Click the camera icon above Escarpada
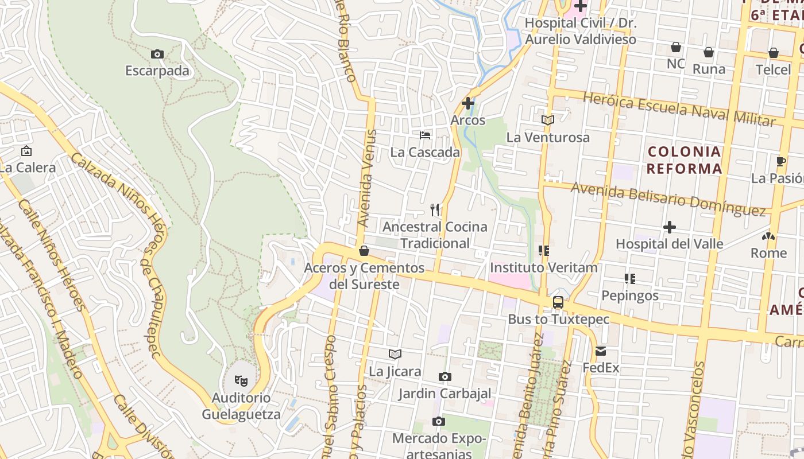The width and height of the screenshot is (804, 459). coord(157,55)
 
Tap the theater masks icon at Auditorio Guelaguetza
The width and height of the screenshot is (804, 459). coord(241,380)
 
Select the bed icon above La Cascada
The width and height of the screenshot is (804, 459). coord(425,135)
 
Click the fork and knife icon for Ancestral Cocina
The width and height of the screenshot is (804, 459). coord(435,210)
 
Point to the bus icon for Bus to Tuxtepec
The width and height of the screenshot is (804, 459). coord(558,302)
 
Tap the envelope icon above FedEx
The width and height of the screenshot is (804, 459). coord(601,351)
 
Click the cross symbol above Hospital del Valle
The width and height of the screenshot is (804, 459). coord(669,227)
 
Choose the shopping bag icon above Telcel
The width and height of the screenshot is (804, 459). coord(773,53)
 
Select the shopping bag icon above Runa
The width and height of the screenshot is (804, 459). coord(709,52)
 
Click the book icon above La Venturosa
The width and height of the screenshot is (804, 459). coord(548,120)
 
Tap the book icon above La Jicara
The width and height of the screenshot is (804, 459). coord(395,354)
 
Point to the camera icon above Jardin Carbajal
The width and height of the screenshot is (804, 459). coord(444,377)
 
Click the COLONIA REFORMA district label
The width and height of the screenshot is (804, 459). coord(684,160)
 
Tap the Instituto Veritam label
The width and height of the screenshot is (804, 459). coord(543,267)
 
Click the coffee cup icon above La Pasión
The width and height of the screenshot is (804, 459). coord(780,161)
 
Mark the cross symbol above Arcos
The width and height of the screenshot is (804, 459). coord(468,104)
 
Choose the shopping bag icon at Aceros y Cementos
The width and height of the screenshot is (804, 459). coord(364,251)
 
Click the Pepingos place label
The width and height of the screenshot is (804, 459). coord(630,295)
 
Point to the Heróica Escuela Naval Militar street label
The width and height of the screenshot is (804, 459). coord(679,109)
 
